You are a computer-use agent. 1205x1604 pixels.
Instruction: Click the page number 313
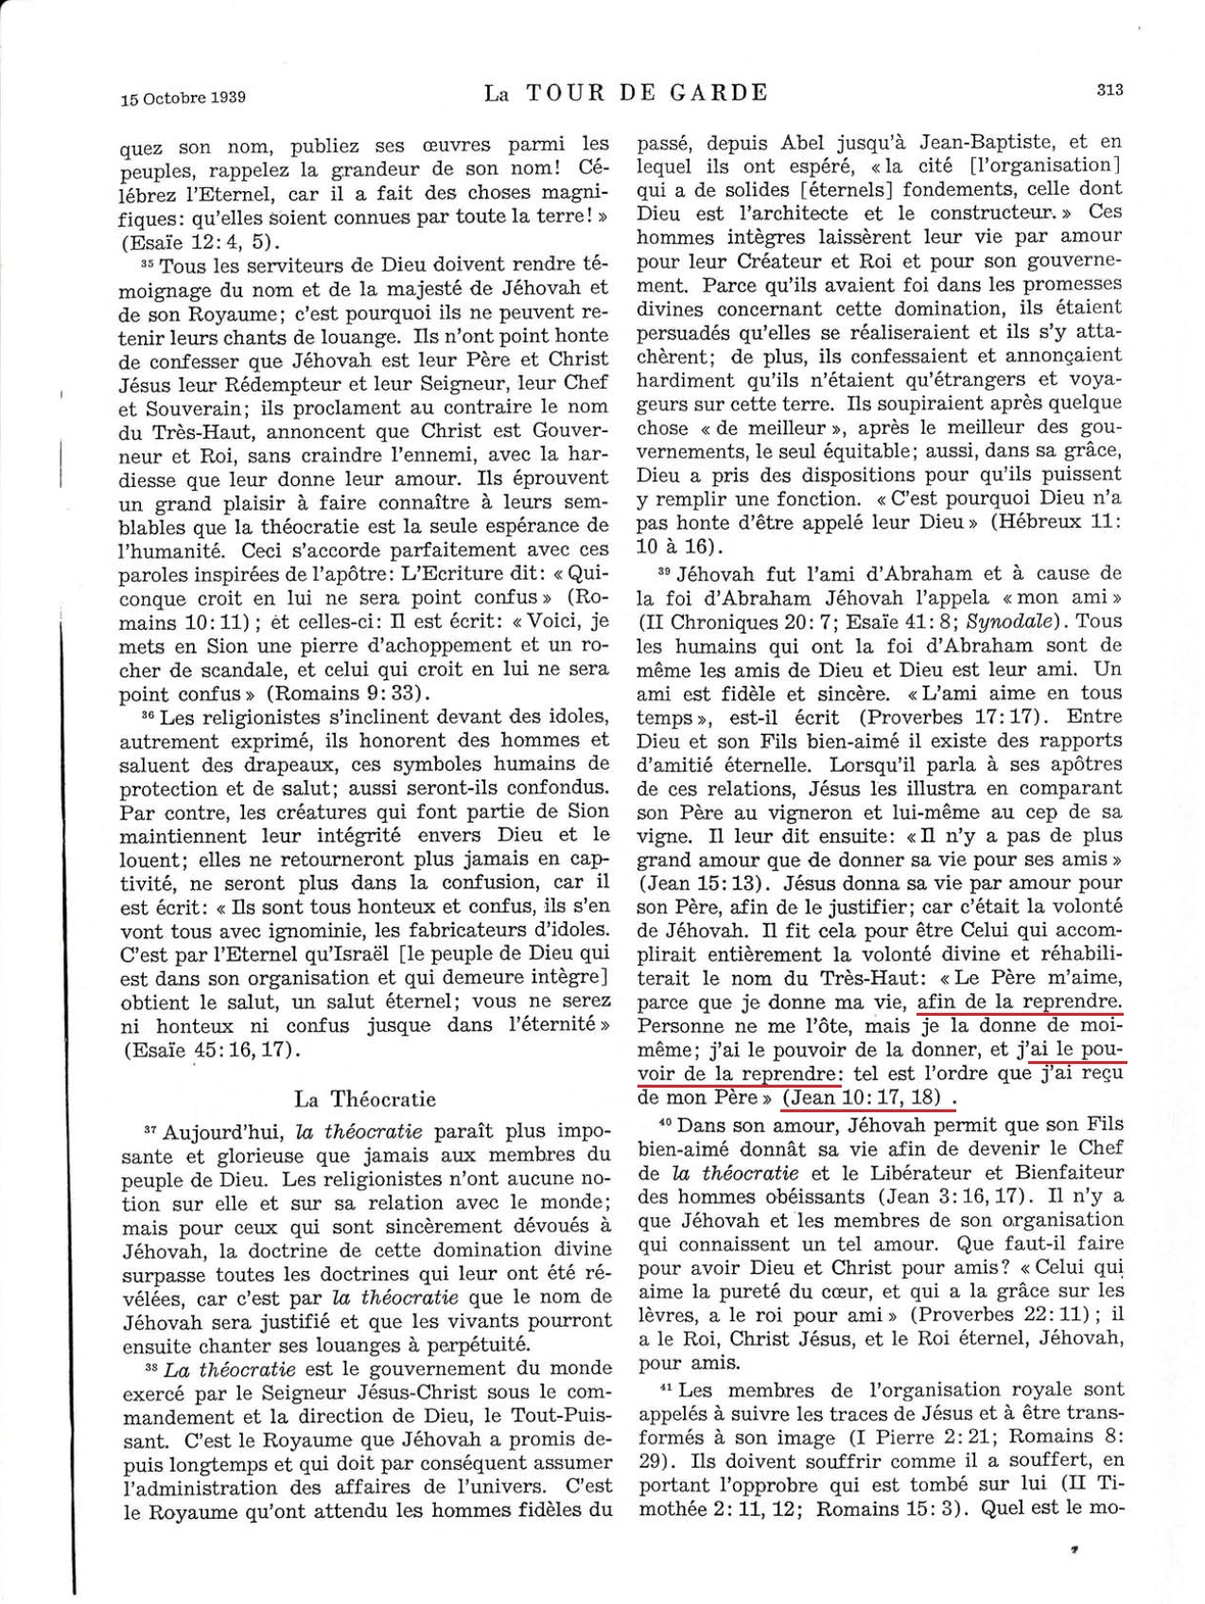1109,90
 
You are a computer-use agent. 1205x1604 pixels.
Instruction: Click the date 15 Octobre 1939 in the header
183,96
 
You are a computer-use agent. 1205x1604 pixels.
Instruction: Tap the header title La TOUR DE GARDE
625,92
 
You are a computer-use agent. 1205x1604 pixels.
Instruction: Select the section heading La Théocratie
365,1099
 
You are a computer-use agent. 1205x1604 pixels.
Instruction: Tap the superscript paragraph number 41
667,1387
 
